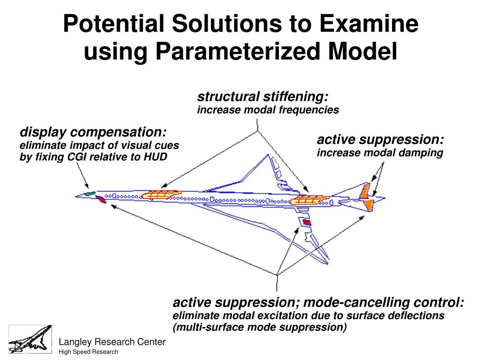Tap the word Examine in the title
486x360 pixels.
point(369,24)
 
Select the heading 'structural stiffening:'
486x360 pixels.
point(263,97)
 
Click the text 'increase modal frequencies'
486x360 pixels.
point(268,110)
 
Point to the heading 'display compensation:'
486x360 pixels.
point(93,132)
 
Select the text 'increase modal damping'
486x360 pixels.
point(380,153)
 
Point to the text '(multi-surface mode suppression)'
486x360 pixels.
point(260,327)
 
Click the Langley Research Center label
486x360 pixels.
point(112,341)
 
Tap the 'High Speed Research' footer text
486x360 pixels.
point(88,352)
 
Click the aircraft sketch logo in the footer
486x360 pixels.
point(30,339)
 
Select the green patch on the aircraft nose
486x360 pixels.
point(90,194)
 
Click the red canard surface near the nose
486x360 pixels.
point(101,199)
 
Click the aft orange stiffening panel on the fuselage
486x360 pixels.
point(309,200)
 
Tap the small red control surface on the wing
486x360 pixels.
point(307,222)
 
